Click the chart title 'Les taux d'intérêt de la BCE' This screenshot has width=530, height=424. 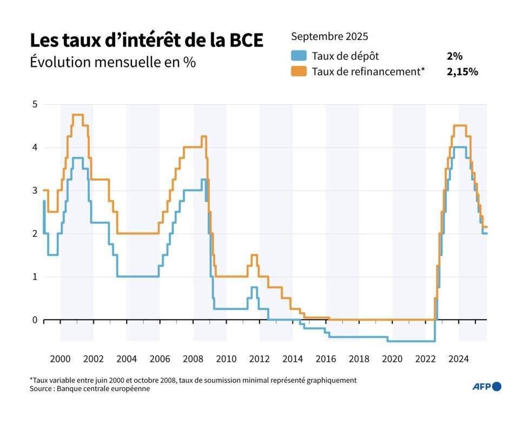click(146, 41)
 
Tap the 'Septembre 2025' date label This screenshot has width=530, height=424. click(329, 37)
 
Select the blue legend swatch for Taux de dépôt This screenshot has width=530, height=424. click(299, 56)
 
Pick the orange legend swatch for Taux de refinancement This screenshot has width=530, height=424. click(299, 71)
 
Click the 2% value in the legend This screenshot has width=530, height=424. click(454, 56)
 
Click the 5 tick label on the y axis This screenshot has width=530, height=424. click(34, 104)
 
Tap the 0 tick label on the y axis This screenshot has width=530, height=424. click(34, 320)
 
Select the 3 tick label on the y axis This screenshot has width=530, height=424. click(34, 190)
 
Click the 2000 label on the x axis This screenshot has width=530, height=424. click(60, 359)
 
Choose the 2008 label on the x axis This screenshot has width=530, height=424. click(193, 359)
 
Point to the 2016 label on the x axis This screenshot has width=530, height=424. click(326, 359)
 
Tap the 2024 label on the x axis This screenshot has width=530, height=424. click(459, 359)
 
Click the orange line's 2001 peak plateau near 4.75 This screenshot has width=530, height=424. click(77, 115)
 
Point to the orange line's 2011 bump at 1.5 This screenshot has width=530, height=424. click(254, 255)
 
